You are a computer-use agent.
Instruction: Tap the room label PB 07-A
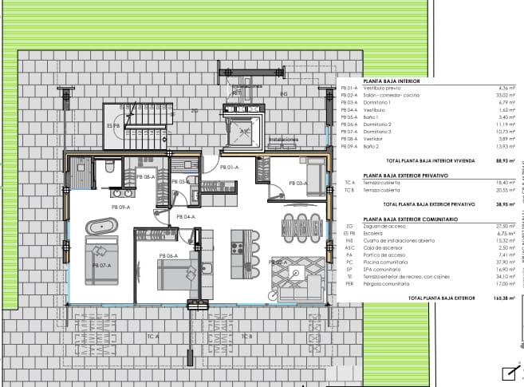click(100, 265)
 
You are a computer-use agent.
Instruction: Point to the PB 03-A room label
click(297, 183)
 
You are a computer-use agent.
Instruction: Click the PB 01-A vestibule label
click(229, 168)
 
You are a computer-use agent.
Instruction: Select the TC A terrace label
click(153, 336)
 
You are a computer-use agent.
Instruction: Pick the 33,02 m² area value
click(506, 95)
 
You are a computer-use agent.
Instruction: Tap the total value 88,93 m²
click(504, 160)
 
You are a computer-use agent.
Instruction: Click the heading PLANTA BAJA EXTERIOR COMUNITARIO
click(410, 219)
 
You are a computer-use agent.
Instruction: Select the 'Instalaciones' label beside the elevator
click(283, 139)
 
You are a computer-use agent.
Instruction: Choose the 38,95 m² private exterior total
click(504, 203)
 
